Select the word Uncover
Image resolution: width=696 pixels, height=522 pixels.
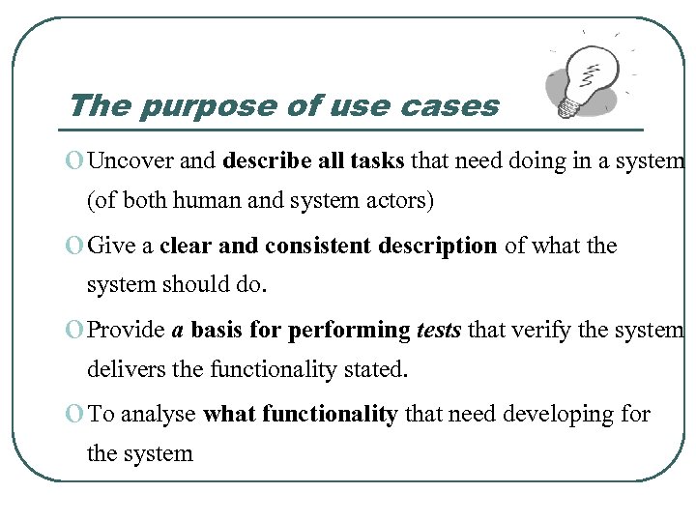(131, 160)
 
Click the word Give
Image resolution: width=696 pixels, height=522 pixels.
(110, 246)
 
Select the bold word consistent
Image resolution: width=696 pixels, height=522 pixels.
(318, 246)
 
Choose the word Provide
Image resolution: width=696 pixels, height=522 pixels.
(127, 331)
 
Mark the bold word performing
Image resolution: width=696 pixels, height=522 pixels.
(350, 331)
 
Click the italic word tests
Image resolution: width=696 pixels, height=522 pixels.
(440, 331)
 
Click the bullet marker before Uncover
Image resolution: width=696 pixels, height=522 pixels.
(76, 161)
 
